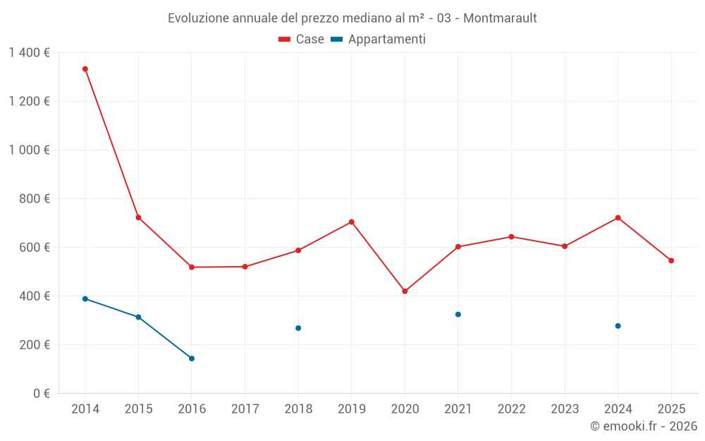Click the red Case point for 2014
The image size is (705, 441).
(x=85, y=69)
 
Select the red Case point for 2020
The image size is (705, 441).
(x=405, y=291)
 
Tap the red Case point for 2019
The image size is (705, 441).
(x=351, y=222)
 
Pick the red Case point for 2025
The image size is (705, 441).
(x=671, y=260)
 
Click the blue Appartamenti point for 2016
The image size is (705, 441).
(x=192, y=358)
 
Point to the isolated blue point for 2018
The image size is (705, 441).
(x=298, y=328)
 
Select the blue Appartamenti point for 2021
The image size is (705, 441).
(x=458, y=315)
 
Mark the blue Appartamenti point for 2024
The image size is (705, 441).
(x=618, y=326)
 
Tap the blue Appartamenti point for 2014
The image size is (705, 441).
(x=85, y=299)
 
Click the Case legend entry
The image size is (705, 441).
(x=302, y=40)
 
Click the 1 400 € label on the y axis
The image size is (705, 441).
(x=29, y=53)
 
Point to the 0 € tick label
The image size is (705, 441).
(x=39, y=394)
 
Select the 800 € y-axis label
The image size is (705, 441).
(x=34, y=199)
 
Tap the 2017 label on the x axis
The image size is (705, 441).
(x=245, y=409)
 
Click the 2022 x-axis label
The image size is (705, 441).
(x=511, y=409)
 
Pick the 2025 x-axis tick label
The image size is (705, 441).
(x=671, y=409)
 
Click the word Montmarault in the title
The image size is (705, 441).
(x=500, y=18)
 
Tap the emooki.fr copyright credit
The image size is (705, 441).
(x=644, y=426)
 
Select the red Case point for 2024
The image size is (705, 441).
(x=618, y=218)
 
